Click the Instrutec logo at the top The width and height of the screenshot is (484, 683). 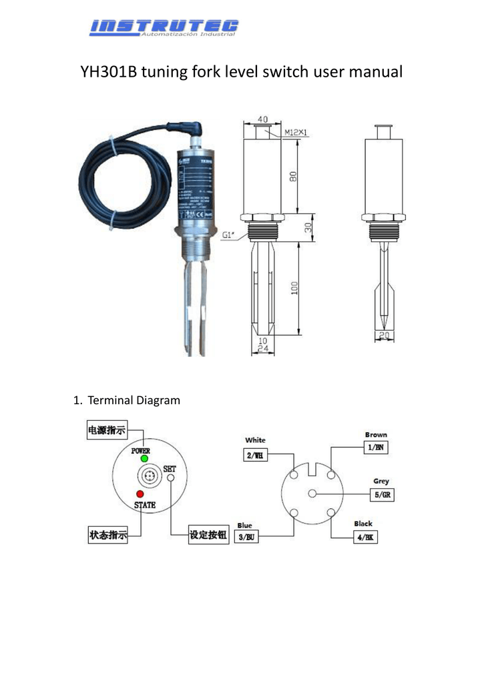(164, 27)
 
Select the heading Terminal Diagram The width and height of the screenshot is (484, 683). (134, 400)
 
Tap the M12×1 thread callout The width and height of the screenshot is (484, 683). (295, 133)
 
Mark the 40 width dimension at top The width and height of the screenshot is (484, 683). (263, 119)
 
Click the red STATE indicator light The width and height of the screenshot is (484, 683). (140, 495)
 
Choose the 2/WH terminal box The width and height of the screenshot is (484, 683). (255, 455)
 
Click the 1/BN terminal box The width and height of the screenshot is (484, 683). (375, 448)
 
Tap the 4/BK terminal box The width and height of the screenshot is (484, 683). (365, 536)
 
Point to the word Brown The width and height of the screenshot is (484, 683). (375, 435)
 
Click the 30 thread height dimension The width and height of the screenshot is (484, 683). (308, 228)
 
